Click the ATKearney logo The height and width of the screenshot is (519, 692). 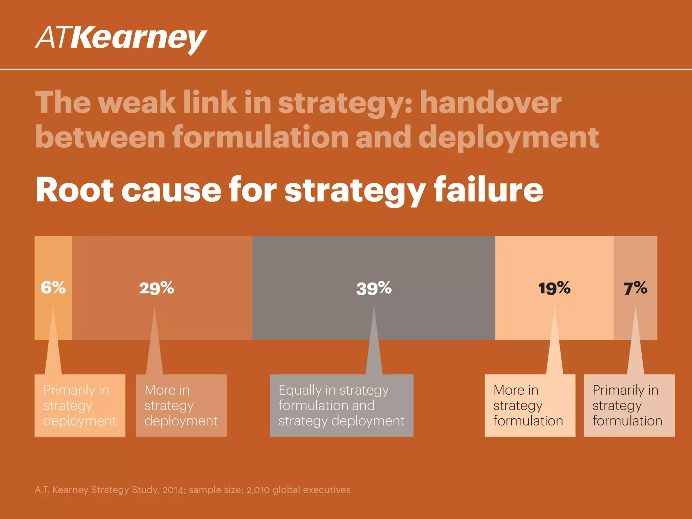121,39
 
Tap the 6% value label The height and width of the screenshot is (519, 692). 53,288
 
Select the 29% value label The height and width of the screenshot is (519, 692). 156,288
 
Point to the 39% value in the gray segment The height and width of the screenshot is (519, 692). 374,289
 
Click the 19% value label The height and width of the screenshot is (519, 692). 554,288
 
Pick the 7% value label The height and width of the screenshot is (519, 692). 635,288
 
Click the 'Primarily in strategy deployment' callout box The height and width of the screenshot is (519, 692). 80,405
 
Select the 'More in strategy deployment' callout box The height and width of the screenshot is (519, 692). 181,405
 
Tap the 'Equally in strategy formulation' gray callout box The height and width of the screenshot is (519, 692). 341,405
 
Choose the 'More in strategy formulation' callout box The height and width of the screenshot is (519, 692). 530,405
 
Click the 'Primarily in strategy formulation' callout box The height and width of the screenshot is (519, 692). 629,405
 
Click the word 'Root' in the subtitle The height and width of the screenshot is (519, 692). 75,190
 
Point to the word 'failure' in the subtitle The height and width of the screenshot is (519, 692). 489,190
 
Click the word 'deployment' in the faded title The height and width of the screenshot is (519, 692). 509,138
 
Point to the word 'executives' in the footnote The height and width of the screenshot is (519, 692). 327,490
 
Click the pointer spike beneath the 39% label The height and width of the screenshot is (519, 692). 374,341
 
